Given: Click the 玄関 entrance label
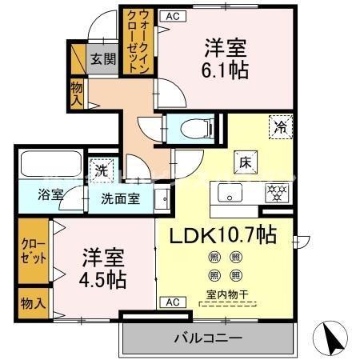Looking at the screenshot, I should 102,58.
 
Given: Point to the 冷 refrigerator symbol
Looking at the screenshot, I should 281,126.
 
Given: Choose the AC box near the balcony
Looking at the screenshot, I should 170,302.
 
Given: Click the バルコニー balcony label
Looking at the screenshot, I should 207,338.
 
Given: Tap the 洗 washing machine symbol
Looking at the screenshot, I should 102,170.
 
